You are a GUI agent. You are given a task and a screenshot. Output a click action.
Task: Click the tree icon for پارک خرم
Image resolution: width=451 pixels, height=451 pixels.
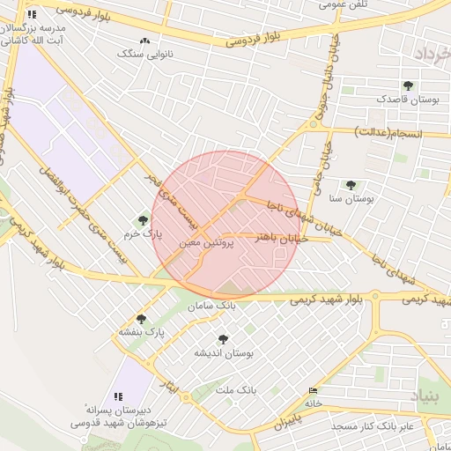point(143,220)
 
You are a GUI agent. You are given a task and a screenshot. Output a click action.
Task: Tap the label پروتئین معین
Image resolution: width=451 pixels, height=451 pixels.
point(206,240)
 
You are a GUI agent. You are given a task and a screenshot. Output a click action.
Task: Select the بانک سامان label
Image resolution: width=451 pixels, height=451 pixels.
point(213,305)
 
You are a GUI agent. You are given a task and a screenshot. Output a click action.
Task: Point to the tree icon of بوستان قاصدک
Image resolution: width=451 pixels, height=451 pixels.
point(407,85)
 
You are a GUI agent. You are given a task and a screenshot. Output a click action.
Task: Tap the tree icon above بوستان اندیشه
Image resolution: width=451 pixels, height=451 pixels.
point(223,338)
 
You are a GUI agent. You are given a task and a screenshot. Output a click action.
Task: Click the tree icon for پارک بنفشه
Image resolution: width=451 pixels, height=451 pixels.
point(141,319)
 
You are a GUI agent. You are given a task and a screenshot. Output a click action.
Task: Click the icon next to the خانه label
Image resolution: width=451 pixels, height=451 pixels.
point(313,390)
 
